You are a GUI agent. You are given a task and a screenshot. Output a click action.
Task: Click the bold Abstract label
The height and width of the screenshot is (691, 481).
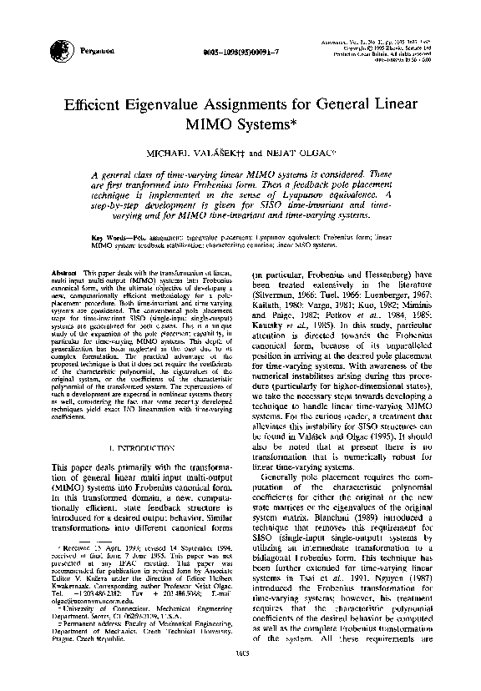pyautogui.click(x=64, y=273)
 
